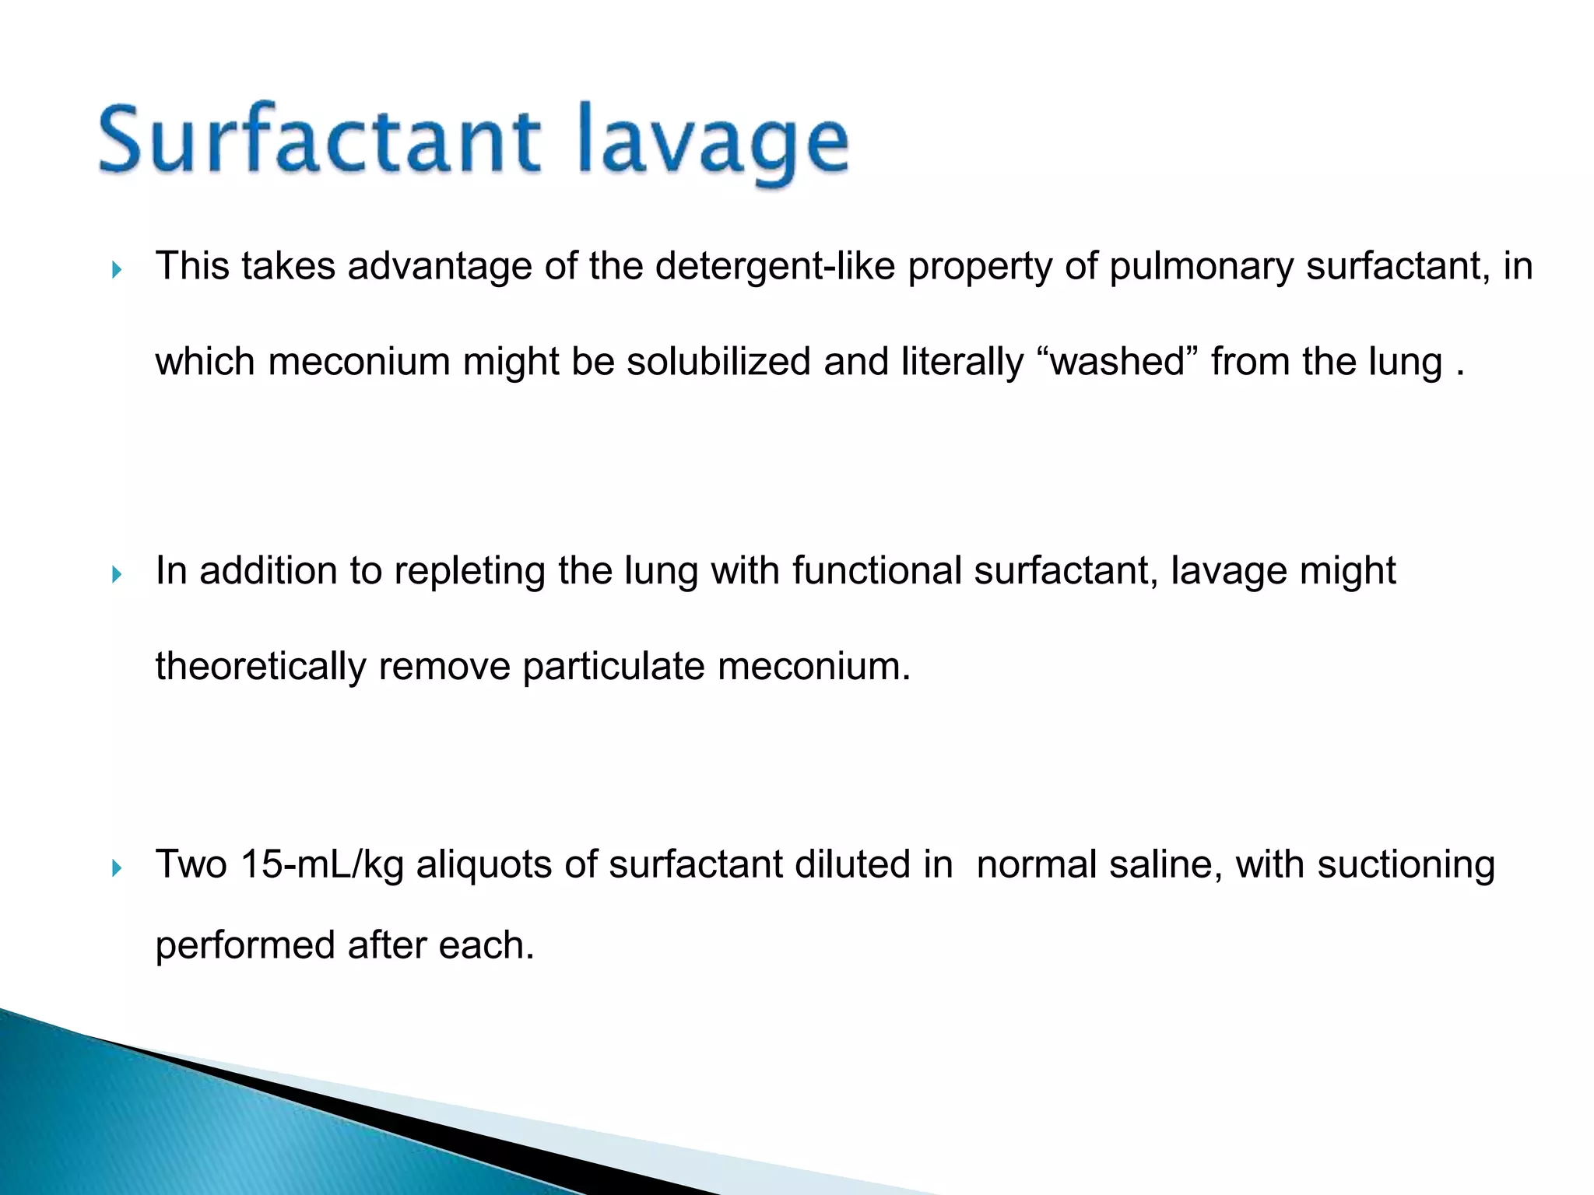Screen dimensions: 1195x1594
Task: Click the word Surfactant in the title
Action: point(319,140)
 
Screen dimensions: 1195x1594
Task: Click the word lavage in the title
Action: point(724,144)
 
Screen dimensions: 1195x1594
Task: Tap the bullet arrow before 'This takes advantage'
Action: point(117,271)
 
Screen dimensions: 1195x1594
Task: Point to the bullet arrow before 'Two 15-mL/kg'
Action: point(117,868)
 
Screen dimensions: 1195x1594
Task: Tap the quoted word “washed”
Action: point(1118,362)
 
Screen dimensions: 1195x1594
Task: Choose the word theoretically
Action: point(261,667)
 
